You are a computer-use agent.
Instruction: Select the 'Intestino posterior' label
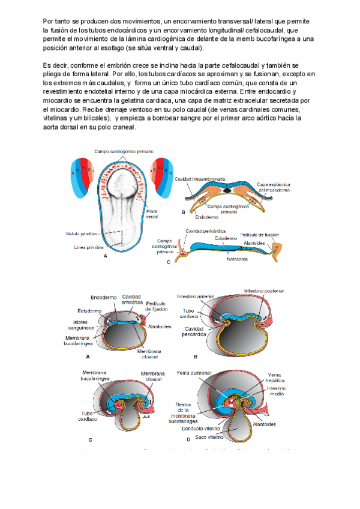pos(263,291)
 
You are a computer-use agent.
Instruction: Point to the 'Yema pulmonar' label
pos(195,373)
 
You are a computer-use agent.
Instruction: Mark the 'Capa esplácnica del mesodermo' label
pos(274,187)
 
